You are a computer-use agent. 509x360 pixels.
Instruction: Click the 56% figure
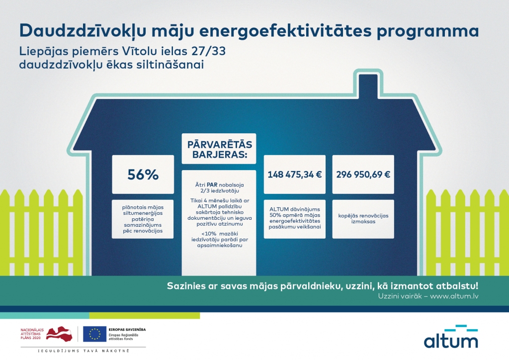tap(143, 175)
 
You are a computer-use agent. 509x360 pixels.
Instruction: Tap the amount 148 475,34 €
tap(294, 175)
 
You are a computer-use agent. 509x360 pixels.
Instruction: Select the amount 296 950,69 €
tap(363, 175)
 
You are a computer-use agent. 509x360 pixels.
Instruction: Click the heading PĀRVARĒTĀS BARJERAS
tap(219, 149)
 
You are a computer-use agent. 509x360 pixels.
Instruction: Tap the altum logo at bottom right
tap(450, 337)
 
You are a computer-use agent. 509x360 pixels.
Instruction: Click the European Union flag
tap(94, 334)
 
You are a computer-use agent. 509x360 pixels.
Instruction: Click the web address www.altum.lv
tap(454, 296)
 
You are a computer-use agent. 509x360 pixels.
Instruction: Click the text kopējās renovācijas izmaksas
tap(363, 219)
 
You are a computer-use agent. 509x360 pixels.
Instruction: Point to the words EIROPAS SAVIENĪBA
tap(126, 329)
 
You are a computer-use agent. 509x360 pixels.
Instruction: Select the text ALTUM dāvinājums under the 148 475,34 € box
tap(294, 209)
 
